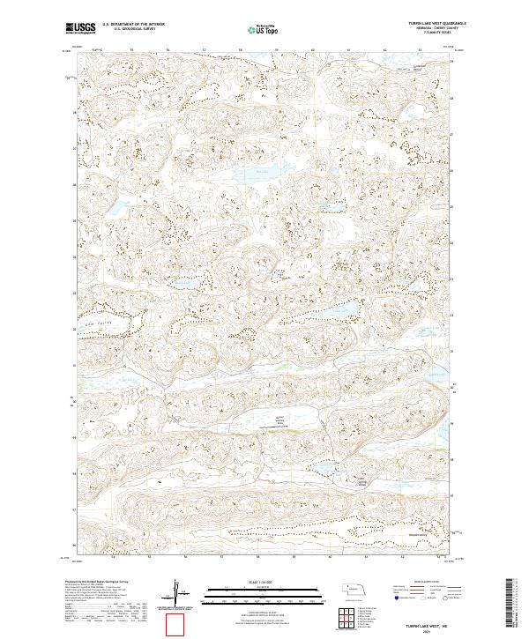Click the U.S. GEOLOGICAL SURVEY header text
pyautogui.click(x=128, y=29)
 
